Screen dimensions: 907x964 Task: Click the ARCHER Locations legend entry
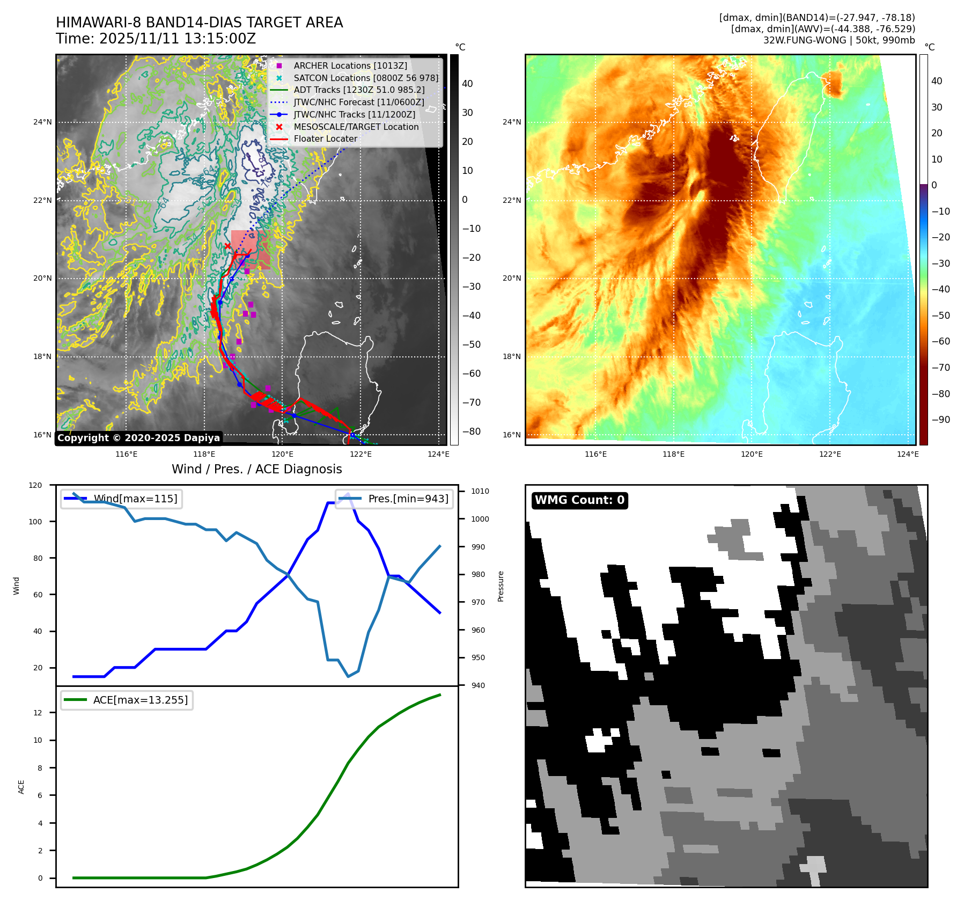[x=350, y=65]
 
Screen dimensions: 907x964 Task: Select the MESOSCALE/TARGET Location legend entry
[x=356, y=127]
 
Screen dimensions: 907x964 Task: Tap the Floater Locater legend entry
[x=325, y=138]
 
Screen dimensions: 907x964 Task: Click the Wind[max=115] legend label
[x=135, y=499]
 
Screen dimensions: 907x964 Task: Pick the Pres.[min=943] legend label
[x=408, y=499]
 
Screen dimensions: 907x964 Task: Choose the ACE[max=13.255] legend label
[x=141, y=700]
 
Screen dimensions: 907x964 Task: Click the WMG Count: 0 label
[x=579, y=500]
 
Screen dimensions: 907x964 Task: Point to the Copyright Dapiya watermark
[x=138, y=438]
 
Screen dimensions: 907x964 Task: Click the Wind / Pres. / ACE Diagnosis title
[x=256, y=469]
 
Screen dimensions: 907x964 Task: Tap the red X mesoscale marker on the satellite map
[x=227, y=246]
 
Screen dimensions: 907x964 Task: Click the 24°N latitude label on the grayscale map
[x=43, y=122]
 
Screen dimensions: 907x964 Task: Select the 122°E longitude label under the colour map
[x=830, y=454]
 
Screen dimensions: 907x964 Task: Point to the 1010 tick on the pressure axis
[x=480, y=491]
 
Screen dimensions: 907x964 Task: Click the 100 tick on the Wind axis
[x=35, y=522]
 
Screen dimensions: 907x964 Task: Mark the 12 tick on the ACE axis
[x=38, y=713]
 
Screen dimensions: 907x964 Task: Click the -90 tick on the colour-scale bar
[x=941, y=420]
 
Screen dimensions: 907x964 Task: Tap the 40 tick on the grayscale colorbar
[x=467, y=84]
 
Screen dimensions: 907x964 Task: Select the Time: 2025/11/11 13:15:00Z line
[x=156, y=39]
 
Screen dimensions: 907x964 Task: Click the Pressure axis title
[x=501, y=586]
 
